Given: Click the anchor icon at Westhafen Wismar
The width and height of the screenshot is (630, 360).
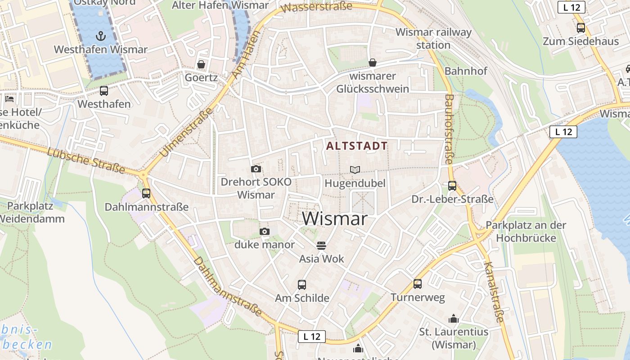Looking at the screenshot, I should click(x=101, y=36).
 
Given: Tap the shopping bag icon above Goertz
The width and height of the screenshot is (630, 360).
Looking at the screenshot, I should click(x=201, y=64).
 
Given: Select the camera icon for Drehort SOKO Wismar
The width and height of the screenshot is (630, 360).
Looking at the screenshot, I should click(x=256, y=169).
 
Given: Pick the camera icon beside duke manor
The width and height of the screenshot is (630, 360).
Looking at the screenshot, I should click(x=265, y=231).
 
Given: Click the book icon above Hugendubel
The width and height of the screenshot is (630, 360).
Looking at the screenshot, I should click(x=355, y=170).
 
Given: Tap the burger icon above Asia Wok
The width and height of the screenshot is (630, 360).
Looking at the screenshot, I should click(x=321, y=245).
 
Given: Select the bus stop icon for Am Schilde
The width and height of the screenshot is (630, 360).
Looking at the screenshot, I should click(x=302, y=284).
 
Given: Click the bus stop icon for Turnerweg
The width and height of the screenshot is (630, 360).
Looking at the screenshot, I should click(x=418, y=283).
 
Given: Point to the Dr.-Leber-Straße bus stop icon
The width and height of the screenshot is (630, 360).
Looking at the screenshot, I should click(x=452, y=185).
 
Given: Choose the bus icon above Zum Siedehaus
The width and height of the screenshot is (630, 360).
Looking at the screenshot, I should click(x=581, y=28).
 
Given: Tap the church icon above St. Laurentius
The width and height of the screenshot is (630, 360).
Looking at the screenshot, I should click(x=454, y=319).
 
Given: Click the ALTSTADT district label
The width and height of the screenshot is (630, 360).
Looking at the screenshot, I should click(x=357, y=146).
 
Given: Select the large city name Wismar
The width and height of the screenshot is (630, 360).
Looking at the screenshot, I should click(x=335, y=219).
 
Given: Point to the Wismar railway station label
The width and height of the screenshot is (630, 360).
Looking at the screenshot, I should click(x=433, y=39).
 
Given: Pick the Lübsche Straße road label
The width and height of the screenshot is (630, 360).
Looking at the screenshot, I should click(x=86, y=159).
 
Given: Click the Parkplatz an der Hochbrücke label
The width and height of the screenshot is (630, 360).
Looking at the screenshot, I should click(x=526, y=231).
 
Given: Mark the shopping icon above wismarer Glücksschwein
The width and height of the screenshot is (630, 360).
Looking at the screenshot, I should click(x=373, y=62).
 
